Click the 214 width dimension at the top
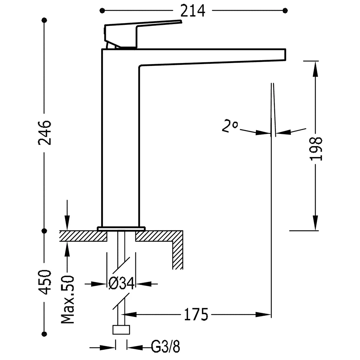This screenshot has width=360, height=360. pos(192,11)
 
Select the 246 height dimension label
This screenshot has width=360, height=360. pos(45,132)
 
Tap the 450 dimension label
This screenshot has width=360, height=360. pos(45,282)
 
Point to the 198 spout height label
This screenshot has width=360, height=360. pos(316,149)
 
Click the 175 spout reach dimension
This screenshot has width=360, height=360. pos(196,315)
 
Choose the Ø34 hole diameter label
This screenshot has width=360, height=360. pos(121,284)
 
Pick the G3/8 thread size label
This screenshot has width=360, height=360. pos(165,347)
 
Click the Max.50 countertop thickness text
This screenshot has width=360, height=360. pos(68,300)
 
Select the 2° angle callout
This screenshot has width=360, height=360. pos(230,126)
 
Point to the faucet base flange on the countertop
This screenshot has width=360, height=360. pos(121,229)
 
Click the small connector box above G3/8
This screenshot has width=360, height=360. pos(121,330)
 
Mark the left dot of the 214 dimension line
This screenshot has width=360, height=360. pos(102,10)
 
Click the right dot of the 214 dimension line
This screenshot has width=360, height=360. pos(285,10)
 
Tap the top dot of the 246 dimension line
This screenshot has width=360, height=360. pos(45,20)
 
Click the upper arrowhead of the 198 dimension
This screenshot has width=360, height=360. pos(315,68)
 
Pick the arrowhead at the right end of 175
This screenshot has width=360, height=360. pos(264,315)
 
